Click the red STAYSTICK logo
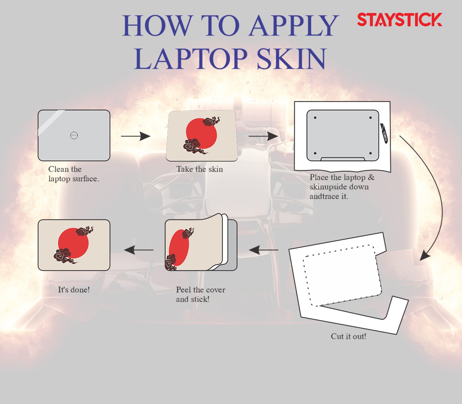pyautogui.click(x=399, y=20)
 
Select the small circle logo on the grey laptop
pyautogui.click(x=74, y=135)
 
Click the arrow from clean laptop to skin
pyautogui.click(x=136, y=136)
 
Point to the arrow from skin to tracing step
pyautogui.click(x=263, y=136)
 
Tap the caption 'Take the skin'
pyautogui.click(x=200, y=169)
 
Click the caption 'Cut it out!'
pyautogui.click(x=349, y=336)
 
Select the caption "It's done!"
pyautogui.click(x=74, y=289)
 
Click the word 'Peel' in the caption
pyautogui.click(x=183, y=289)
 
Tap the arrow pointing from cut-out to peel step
pyautogui.click(x=264, y=250)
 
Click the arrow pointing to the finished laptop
pyautogui.click(x=139, y=250)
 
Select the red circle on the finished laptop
pyautogui.click(x=73, y=243)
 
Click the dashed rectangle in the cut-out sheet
pyautogui.click(x=342, y=276)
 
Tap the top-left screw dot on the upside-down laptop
pyautogui.click(x=315, y=118)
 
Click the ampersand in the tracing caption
pyautogui.click(x=371, y=177)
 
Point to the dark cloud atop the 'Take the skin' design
pyautogui.click(x=211, y=121)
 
